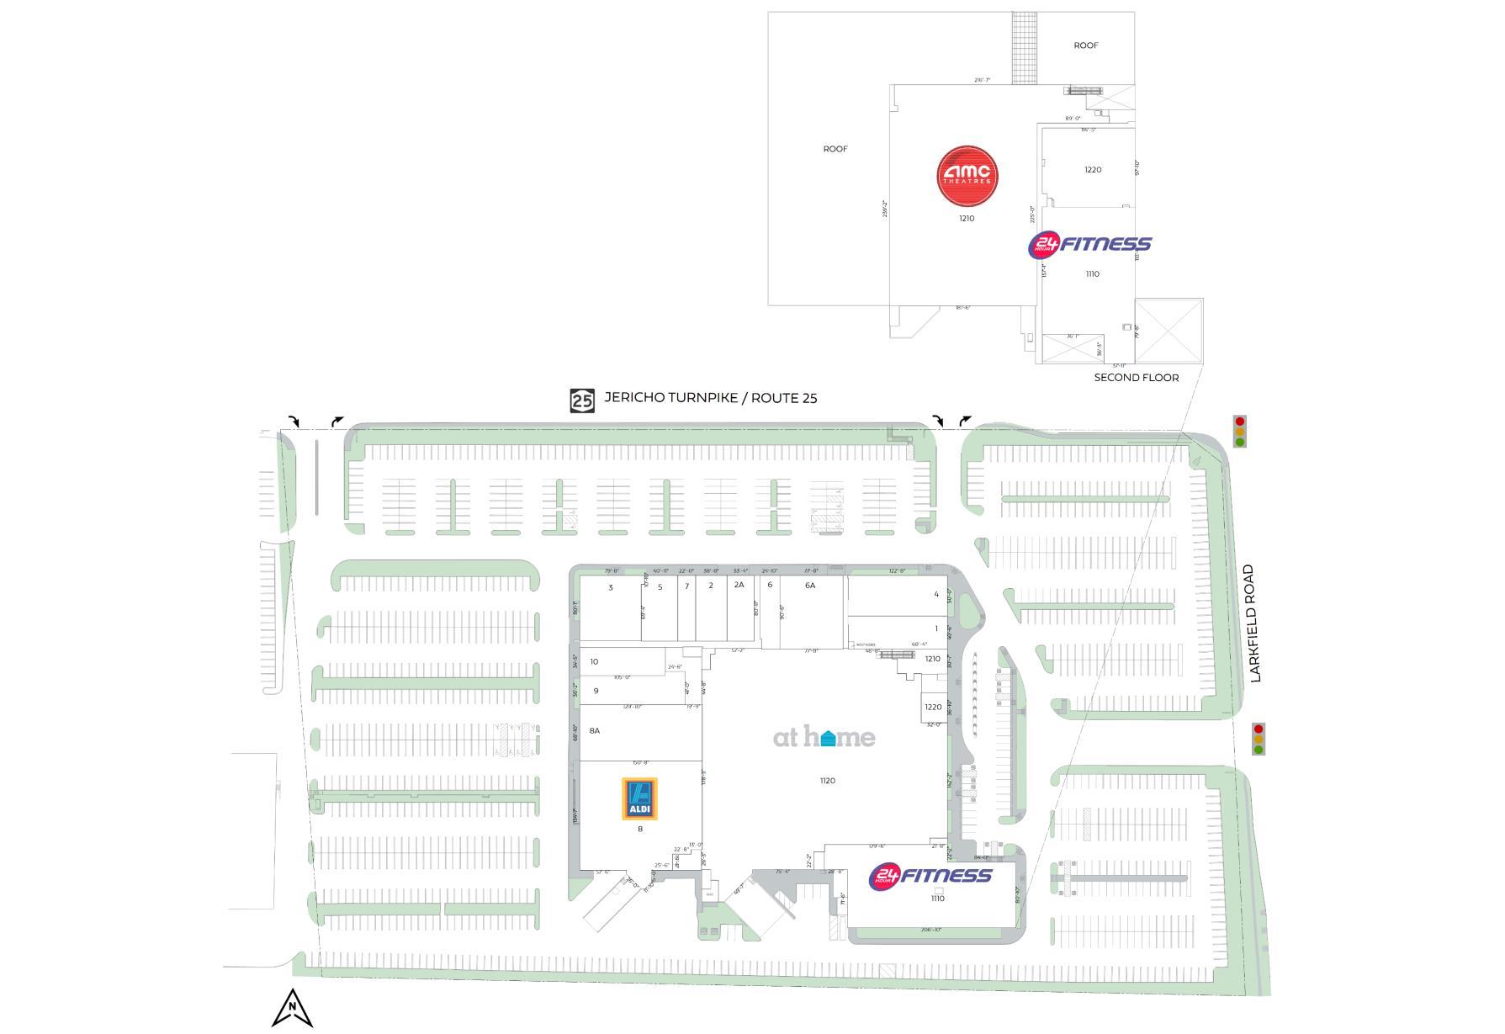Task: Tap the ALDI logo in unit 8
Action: coord(639,798)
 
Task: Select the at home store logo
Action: coord(824,738)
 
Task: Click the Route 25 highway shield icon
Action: coord(582,400)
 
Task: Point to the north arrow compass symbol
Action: coord(292,1008)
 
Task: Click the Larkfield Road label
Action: coord(1257,623)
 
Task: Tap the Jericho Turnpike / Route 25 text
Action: coord(710,398)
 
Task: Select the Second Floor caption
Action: coord(1136,378)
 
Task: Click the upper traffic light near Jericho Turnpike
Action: coord(1239,432)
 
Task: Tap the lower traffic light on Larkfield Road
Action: coord(1259,739)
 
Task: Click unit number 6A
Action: coord(810,585)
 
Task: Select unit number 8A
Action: coord(595,730)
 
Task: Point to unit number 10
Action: coord(594,661)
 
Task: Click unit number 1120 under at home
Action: coord(828,781)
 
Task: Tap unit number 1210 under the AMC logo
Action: coord(967,219)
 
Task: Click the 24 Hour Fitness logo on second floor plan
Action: coord(1089,245)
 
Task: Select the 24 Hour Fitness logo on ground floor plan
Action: coord(930,876)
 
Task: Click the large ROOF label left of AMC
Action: coord(835,149)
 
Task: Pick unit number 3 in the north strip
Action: coord(611,587)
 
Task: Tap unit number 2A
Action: coord(739,585)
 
